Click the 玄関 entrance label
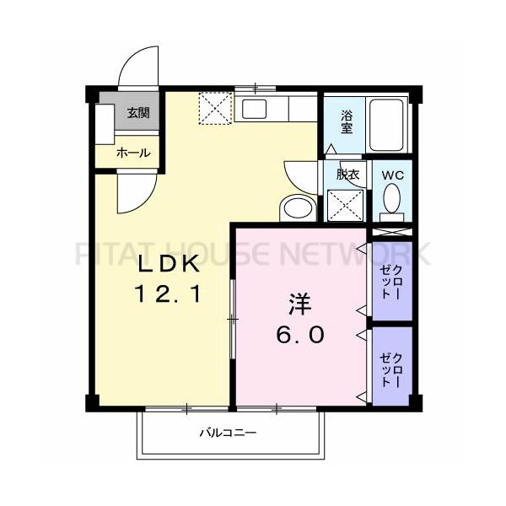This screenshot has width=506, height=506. pos(138,113)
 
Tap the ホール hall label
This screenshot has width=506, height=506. pos(133,153)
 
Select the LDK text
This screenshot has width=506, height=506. pos(168,264)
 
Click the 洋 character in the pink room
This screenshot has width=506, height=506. pos(300,304)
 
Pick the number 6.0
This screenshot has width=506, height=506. pos(300,335)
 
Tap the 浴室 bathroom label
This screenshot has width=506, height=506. pos(347,122)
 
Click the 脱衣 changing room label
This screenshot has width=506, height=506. pos(347,175)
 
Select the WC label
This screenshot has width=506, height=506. pos(393,175)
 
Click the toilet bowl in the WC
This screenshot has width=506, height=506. pos(392,198)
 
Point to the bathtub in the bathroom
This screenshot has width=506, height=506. pos(386,125)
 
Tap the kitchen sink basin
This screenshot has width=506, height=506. pos(255,109)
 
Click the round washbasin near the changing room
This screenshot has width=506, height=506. pos(298,207)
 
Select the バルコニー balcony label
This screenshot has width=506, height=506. pos(228,432)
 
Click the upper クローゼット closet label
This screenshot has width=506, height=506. pos(391,282)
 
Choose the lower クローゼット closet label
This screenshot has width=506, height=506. pos(391,370)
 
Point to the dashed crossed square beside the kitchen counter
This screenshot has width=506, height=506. pos(215,108)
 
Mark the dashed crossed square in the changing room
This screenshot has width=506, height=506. pos(346,205)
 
